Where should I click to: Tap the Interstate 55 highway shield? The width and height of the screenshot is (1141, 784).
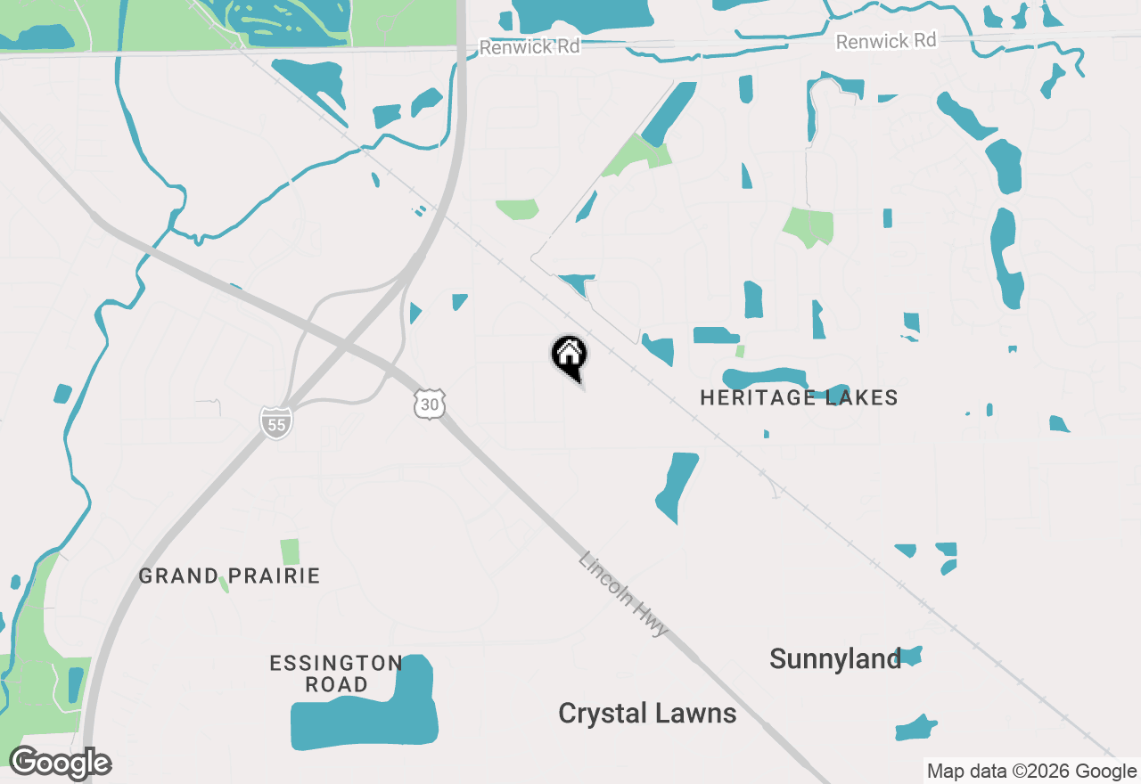point(276,422)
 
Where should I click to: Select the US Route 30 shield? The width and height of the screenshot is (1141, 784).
point(430,404)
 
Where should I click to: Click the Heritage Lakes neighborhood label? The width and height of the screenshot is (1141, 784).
point(799,397)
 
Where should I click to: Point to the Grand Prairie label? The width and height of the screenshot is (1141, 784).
point(229,576)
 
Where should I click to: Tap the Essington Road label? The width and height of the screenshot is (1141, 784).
point(336,674)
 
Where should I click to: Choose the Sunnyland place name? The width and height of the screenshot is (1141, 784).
point(835,659)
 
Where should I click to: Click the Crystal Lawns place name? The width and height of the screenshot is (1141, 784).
point(647,713)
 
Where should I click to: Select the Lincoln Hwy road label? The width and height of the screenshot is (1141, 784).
point(623,594)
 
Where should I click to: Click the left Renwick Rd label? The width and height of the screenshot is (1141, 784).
point(529,46)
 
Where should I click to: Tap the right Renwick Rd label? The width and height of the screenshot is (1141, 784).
point(886,41)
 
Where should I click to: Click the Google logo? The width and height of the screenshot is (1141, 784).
point(61,764)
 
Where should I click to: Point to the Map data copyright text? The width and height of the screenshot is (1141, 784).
point(1031,772)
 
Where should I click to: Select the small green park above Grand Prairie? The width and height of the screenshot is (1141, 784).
point(290,551)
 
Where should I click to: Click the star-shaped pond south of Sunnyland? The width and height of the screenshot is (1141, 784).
point(915,728)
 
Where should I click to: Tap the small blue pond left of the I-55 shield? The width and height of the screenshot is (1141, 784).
point(62,394)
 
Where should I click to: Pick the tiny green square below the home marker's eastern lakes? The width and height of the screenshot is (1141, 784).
point(740,351)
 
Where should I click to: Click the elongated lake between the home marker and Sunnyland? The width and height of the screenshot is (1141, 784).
point(677,486)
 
